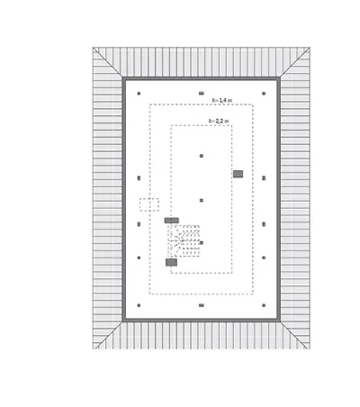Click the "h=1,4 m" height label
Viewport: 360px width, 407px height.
222,100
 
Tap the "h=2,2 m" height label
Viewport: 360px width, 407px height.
219,121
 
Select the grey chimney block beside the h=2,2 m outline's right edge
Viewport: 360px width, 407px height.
238,174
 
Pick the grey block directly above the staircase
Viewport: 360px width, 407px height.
172,221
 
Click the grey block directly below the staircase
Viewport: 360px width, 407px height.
171,262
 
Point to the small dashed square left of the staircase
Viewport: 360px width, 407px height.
149,204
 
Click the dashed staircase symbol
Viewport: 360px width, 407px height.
184,241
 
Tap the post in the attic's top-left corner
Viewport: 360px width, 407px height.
139,94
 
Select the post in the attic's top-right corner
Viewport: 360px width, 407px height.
264,94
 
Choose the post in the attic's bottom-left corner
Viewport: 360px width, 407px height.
139,305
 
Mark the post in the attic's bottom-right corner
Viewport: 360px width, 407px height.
264,305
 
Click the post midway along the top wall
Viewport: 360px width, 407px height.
202,94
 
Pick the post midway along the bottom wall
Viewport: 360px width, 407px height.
202,305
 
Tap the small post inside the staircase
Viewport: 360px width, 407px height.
202,242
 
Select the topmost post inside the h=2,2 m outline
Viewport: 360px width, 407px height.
202,156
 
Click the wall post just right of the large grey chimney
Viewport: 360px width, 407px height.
264,178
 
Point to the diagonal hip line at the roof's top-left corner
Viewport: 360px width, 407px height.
108,62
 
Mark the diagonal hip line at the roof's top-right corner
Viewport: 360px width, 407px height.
295,62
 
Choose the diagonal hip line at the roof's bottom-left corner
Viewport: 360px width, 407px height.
108,335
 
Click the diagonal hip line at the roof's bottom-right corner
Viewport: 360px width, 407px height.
294,335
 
